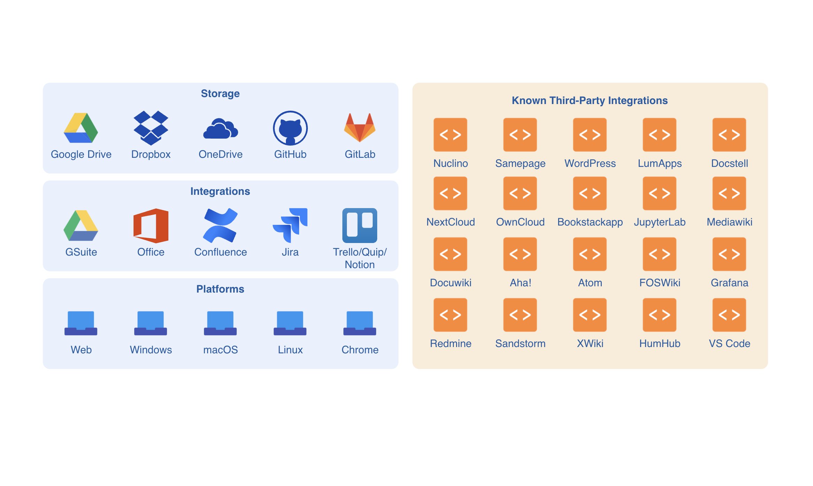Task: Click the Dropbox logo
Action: (151, 128)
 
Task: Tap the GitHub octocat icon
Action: (290, 128)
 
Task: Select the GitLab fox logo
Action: (360, 127)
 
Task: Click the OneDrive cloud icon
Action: (220, 129)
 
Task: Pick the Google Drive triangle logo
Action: (81, 128)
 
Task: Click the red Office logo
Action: (151, 226)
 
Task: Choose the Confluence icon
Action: (220, 226)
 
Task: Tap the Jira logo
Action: (290, 226)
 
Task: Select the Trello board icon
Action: (360, 226)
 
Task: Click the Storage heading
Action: (220, 94)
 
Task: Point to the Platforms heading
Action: (220, 289)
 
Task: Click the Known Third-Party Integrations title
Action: (590, 101)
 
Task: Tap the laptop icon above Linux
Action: (290, 323)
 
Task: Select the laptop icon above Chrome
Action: (360, 323)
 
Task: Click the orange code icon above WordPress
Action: (590, 135)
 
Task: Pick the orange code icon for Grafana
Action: (729, 254)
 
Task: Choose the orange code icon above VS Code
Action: (729, 315)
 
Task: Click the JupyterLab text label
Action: (660, 222)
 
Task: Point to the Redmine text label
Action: (450, 344)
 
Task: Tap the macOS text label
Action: (220, 350)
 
